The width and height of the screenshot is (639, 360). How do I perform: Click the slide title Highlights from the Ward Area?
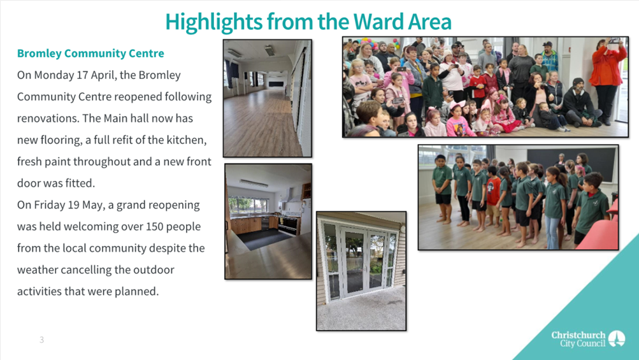(x=308, y=22)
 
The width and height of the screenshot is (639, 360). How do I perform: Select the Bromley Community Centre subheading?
(x=90, y=54)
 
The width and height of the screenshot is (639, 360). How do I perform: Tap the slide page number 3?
(x=41, y=340)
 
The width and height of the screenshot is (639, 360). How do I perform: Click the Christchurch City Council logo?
(x=588, y=339)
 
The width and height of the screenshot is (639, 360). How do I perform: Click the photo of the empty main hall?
(x=268, y=98)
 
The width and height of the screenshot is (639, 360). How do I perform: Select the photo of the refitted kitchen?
(x=268, y=221)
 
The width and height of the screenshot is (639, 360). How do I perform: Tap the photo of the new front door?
(x=361, y=271)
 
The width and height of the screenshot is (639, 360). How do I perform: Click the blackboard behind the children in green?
(x=571, y=163)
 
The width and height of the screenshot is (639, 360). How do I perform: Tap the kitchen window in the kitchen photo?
(x=248, y=205)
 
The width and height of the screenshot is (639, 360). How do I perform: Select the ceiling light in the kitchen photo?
(x=254, y=183)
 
